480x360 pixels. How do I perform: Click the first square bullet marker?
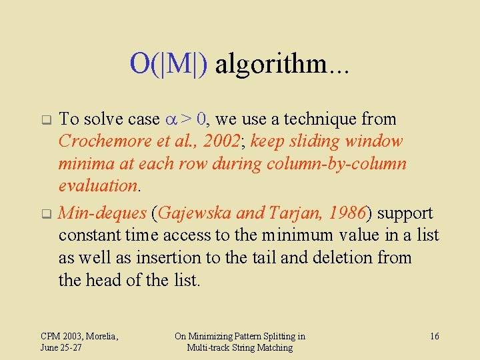[46, 121]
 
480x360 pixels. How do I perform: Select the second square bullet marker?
[46, 215]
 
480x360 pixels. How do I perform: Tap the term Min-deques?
[102, 213]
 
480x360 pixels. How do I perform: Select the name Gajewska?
[194, 213]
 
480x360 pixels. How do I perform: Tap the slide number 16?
[434, 336]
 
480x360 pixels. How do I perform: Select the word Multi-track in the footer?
[209, 347]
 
